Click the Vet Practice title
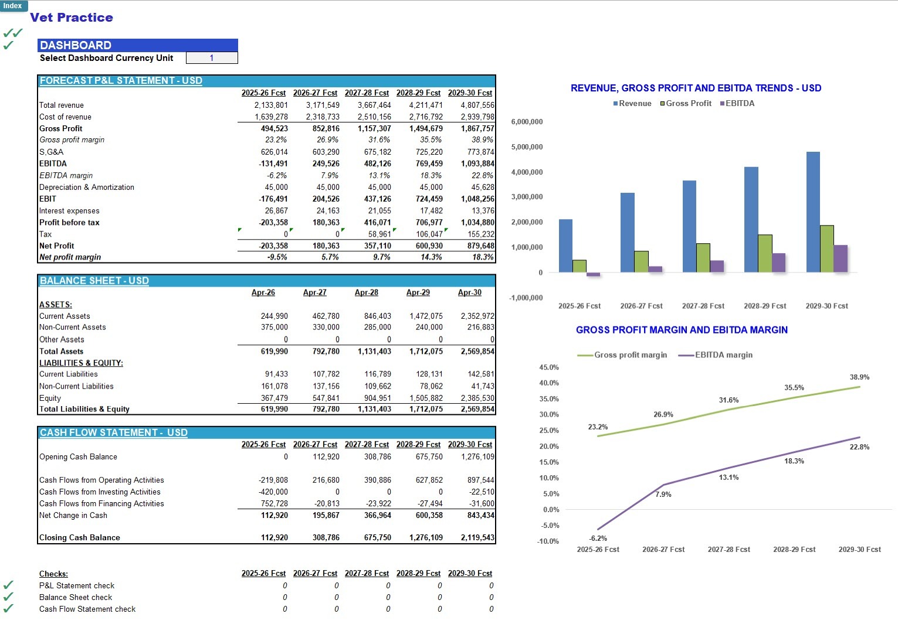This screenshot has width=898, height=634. (72, 18)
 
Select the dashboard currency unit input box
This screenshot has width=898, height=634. (212, 57)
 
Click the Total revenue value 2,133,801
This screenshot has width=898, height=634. (270, 105)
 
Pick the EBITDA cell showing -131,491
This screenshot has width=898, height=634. (273, 163)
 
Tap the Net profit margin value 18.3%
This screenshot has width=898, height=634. (483, 257)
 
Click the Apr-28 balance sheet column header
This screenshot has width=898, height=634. (367, 292)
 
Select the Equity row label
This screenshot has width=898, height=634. (50, 398)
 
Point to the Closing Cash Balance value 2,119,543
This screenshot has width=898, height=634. (477, 537)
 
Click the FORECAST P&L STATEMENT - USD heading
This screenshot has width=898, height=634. (121, 80)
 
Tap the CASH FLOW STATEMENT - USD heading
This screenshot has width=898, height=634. (113, 432)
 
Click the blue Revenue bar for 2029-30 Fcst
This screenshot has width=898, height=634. (813, 212)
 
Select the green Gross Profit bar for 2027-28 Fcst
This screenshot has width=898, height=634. (703, 258)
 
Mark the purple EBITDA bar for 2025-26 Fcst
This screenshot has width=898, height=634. (593, 274)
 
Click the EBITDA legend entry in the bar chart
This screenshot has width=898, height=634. (737, 103)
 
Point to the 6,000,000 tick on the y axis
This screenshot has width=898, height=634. (527, 122)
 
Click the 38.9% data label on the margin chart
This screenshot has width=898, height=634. (859, 377)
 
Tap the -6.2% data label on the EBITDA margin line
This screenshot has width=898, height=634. (598, 538)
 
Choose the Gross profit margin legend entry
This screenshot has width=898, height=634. (622, 355)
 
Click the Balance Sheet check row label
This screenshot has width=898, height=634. (76, 597)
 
